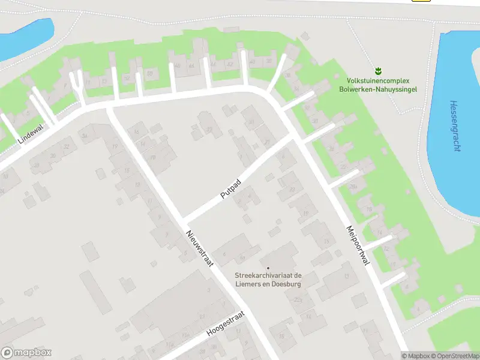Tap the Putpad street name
pyautogui.click(x=230, y=189)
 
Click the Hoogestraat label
pyautogui.click(x=226, y=324)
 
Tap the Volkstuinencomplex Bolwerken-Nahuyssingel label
pyautogui.click(x=382, y=85)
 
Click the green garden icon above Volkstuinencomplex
pyautogui.click(x=379, y=71)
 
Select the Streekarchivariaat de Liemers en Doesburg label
pyautogui.click(x=268, y=280)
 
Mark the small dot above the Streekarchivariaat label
pyautogui.click(x=268, y=268)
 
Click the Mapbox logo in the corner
pyautogui.click(x=26, y=353)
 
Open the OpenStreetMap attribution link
pyautogui.click(x=455, y=356)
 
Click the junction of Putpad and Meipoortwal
pyautogui.click(x=295, y=137)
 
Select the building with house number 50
pyautogui.click(x=150, y=73)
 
